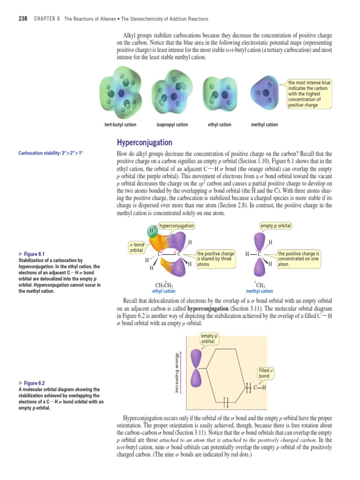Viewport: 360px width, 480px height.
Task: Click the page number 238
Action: tap(22, 19)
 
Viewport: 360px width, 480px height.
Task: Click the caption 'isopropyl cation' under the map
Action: tap(172, 125)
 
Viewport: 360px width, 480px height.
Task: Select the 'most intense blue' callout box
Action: tap(309, 94)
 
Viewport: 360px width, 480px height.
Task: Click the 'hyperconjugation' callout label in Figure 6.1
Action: tap(177, 226)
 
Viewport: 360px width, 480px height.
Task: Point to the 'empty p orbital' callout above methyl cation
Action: tap(276, 226)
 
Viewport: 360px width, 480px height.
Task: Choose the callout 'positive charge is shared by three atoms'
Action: tap(215, 259)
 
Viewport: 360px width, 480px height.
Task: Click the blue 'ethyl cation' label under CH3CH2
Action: tap(164, 291)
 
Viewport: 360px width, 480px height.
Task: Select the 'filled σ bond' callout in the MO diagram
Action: tap(265, 373)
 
